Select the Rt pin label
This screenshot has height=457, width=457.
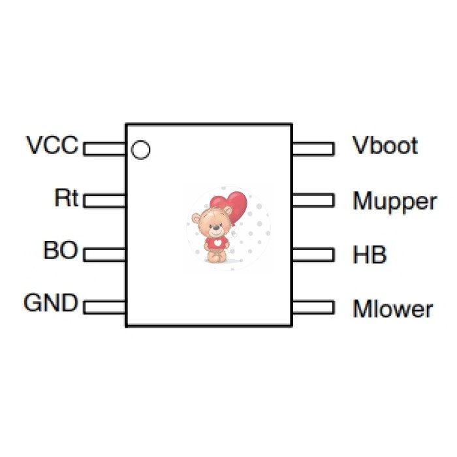(66, 197)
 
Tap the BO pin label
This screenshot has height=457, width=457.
(60, 251)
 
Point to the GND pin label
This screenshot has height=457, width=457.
(51, 304)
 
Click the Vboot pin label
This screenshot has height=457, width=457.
(385, 145)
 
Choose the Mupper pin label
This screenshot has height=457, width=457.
(394, 201)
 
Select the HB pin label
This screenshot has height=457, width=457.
(370, 254)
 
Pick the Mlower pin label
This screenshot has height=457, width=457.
(392, 308)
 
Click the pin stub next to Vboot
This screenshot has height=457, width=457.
(313, 148)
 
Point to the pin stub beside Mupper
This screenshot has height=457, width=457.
(313, 200)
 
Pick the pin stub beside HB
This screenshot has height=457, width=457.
(313, 253)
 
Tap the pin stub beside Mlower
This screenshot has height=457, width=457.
(313, 306)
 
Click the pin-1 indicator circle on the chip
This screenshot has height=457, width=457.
(140, 150)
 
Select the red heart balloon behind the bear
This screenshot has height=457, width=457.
(232, 204)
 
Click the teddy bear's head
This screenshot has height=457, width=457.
(213, 223)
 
